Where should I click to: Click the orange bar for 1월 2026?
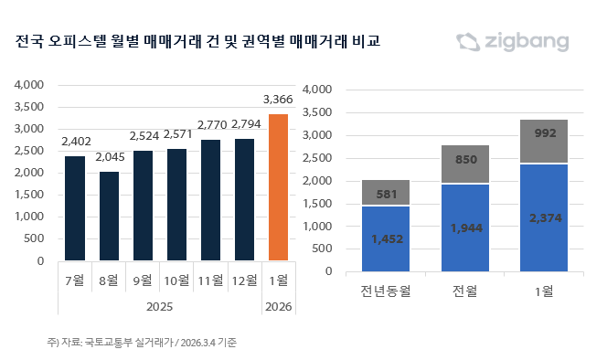[x=278, y=187]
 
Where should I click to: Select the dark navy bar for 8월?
[x=109, y=216]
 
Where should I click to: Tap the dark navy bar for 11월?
[x=210, y=200]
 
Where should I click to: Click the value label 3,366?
[x=278, y=100]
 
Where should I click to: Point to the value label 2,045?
[x=110, y=157]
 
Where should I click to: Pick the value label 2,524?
[x=144, y=136]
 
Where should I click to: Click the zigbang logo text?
[x=527, y=41]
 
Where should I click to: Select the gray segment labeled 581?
[x=386, y=192]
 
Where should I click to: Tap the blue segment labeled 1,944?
[x=465, y=228]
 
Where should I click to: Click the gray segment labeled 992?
[x=544, y=141]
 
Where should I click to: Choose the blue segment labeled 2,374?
[x=544, y=218]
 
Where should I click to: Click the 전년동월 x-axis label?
[x=386, y=291]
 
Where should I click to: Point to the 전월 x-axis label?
[x=465, y=291]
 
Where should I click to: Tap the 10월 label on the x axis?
[x=176, y=281]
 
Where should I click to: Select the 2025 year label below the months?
[x=159, y=307]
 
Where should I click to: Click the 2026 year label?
[x=278, y=307]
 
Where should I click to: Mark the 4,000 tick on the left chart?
[x=29, y=85]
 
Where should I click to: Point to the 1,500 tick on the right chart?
[x=317, y=204]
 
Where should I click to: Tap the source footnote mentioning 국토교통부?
[x=142, y=343]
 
